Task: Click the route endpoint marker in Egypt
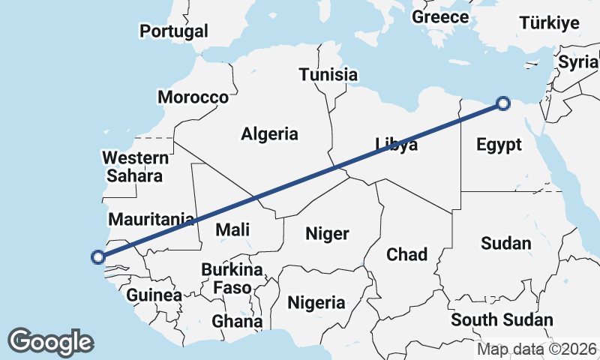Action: pos(503,103)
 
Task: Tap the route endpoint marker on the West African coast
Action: pos(97,257)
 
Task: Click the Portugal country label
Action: pos(174,31)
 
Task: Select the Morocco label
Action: pos(193,97)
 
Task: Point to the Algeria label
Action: pos(269,134)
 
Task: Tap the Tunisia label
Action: pos(328,75)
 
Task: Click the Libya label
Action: pos(396,145)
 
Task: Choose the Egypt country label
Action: pos(499,145)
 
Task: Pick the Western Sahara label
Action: pos(135,167)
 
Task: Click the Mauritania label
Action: pos(151,220)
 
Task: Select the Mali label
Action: pos(232,230)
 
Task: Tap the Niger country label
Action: pos(327,234)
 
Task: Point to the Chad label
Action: pos(406,254)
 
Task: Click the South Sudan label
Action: pos(502,320)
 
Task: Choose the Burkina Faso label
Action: pos(232,278)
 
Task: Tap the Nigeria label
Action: pos(317,303)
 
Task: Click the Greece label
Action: pos(440,16)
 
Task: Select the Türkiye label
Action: pos(550,22)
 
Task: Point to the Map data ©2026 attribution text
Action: pos(536,349)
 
